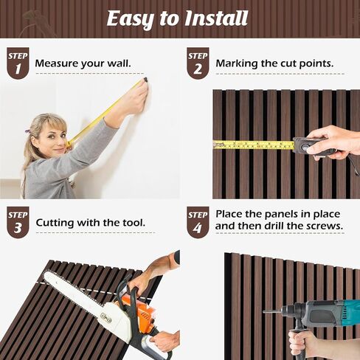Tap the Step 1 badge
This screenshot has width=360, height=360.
pos(18,63)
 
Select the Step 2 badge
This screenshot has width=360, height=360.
pos(198,63)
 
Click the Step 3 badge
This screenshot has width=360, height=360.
pos(18,222)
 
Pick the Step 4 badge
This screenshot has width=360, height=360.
pos(198,222)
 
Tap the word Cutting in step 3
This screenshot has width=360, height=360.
pos(55,223)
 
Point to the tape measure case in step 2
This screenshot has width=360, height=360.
pos(308,147)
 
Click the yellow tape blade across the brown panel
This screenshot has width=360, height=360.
pos(253,145)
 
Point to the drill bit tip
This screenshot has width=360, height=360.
pos(264,312)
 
